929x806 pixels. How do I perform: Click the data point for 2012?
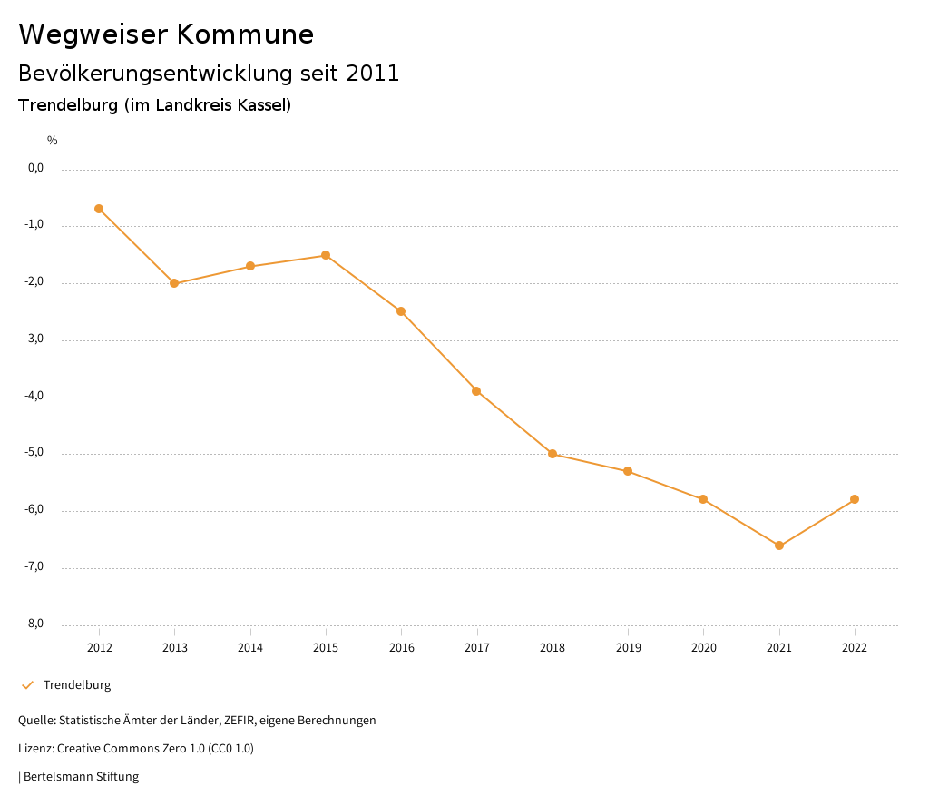pos(99,209)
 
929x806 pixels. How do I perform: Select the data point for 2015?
pos(326,255)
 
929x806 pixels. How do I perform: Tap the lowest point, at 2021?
pos(779,546)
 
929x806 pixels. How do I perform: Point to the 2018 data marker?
pos(553,454)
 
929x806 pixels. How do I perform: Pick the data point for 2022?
pos(855,499)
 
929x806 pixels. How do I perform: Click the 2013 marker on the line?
pos(174,283)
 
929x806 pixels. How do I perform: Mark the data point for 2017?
pos(476,391)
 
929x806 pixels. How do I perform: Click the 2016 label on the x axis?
pos(401,648)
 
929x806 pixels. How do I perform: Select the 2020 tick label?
pos(703,648)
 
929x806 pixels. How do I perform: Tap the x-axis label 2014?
pos(250,648)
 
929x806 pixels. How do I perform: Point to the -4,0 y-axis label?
pos(34,397)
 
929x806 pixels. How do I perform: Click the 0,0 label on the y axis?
pos(35,168)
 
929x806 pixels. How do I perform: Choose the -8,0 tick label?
pos(34,624)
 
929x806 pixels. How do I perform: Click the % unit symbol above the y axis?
pos(53,141)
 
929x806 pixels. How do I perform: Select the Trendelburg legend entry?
pos(76,685)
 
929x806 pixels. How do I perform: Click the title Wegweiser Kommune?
pos(166,34)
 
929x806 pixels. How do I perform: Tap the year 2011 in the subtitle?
pos(373,74)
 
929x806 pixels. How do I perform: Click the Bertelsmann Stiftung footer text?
pos(81,777)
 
